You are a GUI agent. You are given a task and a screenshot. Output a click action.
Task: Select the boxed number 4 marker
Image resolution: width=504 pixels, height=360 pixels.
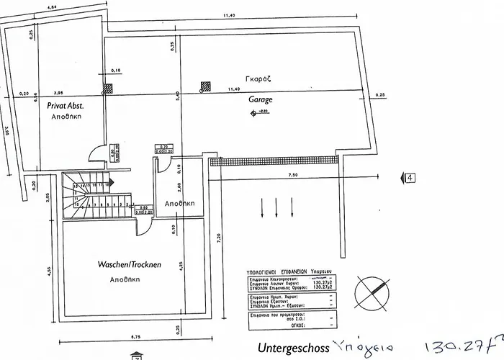[410, 176]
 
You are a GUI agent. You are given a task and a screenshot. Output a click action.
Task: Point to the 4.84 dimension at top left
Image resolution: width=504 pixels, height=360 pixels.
[51, 6]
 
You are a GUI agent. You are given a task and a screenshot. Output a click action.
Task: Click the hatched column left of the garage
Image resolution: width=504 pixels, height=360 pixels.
[108, 88]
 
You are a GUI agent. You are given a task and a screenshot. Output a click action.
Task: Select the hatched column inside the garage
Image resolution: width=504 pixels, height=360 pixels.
[205, 86]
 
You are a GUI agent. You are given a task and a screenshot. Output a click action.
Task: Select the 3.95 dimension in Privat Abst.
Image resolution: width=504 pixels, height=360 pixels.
[58, 91]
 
